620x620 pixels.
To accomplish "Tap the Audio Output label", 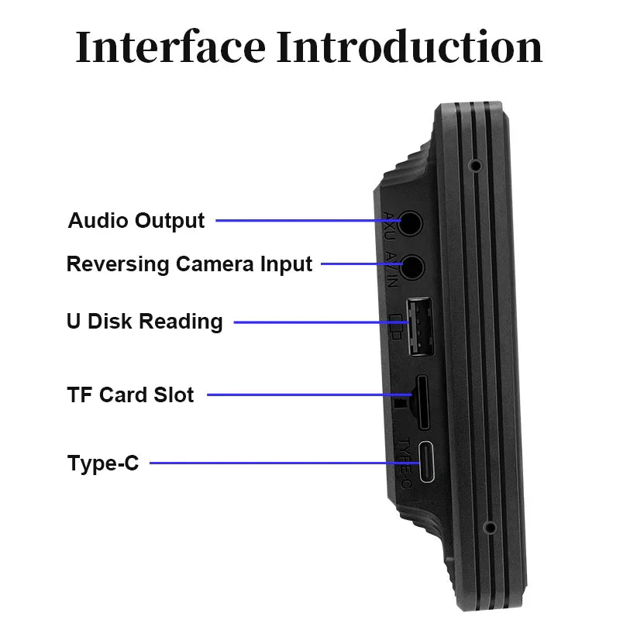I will point(136,220).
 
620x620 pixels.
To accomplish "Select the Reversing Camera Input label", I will point(189,263).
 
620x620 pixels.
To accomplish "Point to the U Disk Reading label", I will point(144,322).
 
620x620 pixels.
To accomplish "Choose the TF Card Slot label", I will point(130,394).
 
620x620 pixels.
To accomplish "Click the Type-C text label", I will point(103,463).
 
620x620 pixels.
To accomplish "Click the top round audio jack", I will point(412,222).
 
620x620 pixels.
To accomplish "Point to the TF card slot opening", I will point(424,402).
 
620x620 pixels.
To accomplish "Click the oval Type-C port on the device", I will point(428,463).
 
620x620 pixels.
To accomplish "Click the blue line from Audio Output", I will point(310,220).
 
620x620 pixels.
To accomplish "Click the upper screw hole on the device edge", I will point(474,166).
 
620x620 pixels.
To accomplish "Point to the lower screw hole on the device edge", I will point(489,529).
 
